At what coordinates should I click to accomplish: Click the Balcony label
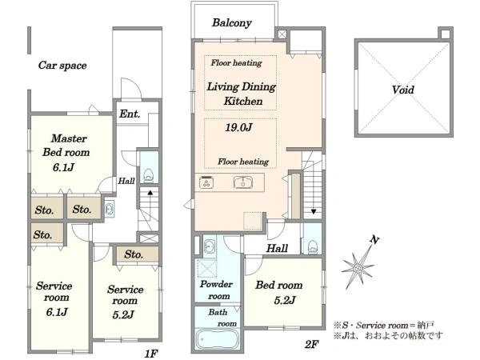point(232,22)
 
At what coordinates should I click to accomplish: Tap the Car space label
point(62,66)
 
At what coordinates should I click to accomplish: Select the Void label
point(403,90)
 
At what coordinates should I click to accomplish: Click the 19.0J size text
point(238,127)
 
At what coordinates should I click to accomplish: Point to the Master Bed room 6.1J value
point(63,167)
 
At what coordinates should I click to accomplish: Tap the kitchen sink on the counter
point(243,182)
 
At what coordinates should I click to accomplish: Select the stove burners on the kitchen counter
point(206,182)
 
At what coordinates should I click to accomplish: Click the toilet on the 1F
point(149,175)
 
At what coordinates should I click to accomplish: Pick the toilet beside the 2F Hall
point(313,246)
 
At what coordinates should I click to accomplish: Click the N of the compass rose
point(374,240)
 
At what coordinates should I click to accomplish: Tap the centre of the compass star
point(358,268)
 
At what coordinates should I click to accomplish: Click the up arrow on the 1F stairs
point(150,193)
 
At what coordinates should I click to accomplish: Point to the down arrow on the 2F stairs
point(314,211)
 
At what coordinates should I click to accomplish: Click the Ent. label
point(130,114)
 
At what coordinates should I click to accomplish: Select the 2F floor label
point(312,345)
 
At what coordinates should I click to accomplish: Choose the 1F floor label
point(151,354)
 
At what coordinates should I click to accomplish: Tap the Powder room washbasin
point(210,246)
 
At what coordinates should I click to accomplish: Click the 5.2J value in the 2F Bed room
point(285,300)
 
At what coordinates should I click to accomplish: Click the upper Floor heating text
point(236,62)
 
